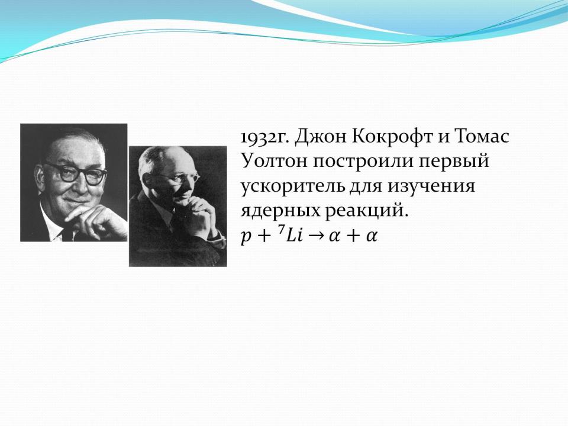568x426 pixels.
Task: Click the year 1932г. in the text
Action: tap(265, 137)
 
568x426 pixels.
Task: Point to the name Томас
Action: tap(482, 137)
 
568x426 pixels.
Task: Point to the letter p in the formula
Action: tap(246, 237)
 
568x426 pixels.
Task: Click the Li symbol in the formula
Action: tap(294, 236)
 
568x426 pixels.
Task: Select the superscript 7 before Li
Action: tap(281, 231)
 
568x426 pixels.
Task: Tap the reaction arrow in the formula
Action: tap(315, 236)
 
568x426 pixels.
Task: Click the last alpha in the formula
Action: tap(372, 237)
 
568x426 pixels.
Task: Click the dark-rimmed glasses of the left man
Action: tap(77, 173)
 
